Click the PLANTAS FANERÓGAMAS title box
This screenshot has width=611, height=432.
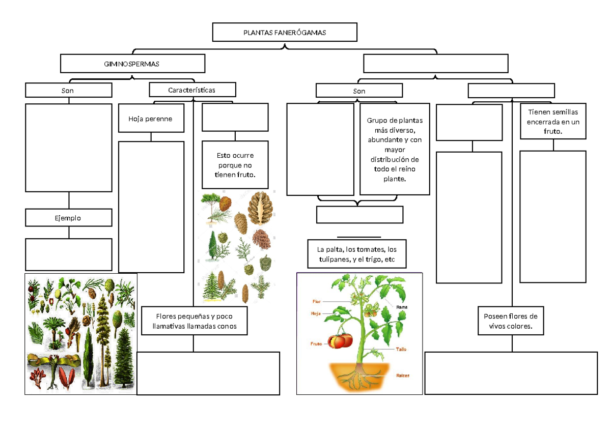point(285,33)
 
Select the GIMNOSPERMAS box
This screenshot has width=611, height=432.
point(132,64)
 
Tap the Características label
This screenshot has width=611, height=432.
point(192,90)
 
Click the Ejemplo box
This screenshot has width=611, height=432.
point(68,218)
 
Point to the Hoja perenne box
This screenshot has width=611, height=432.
point(151,119)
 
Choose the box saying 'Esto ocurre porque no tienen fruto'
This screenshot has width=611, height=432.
point(235,165)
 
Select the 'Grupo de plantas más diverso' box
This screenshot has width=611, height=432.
point(395,149)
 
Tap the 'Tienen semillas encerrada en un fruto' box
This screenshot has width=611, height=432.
point(553,121)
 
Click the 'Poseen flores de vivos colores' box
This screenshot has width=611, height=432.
point(511,321)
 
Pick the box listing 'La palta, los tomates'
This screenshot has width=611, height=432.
point(356,254)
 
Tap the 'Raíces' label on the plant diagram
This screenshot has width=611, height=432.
point(402,376)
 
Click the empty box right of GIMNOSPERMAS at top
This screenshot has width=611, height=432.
point(435,64)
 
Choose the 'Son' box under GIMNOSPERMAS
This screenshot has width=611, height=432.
point(68,90)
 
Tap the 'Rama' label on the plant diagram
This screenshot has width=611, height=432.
point(402,307)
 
